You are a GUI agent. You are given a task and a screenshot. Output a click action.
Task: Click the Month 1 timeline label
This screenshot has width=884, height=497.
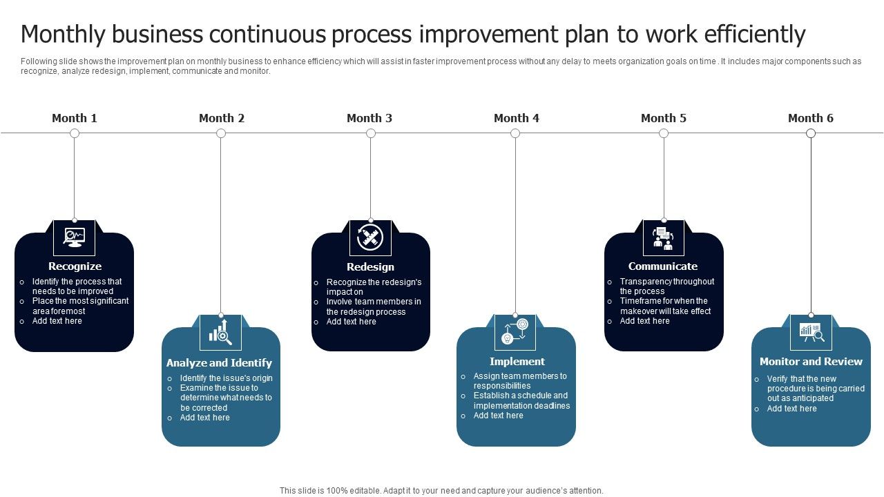pos(75,118)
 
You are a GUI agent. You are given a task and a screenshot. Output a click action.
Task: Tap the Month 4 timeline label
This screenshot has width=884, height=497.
pos(517,118)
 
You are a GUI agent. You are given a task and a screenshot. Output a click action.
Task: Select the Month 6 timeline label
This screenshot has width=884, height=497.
pos(811,118)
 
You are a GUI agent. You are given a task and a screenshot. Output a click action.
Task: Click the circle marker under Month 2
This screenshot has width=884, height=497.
pos(221,133)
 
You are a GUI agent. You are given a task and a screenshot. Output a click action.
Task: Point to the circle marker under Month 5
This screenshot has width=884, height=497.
pos(664,133)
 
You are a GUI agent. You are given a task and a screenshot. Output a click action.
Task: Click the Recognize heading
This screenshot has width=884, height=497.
pos(75,266)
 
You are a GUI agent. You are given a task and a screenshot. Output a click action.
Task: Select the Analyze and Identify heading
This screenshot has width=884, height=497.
pos(219,363)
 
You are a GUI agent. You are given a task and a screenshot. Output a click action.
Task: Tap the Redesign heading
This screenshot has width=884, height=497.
pos(370,267)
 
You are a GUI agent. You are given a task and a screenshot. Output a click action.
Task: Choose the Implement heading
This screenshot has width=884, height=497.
pos(517,362)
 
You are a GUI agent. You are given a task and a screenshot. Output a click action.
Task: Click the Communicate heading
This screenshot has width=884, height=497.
pos(663,266)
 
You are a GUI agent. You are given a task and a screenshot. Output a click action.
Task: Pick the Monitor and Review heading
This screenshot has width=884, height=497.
pos(811,362)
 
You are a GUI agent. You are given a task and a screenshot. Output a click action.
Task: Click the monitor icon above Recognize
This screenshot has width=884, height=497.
pos(75,237)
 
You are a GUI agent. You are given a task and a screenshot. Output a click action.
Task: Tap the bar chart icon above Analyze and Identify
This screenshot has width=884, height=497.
pos(221,332)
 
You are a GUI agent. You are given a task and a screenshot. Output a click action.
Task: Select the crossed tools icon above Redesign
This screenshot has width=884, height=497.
pos(370,237)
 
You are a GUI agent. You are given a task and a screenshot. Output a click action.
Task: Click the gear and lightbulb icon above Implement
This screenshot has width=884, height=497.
pos(515,332)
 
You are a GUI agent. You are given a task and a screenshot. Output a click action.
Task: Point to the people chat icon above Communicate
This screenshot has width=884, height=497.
pos(664,237)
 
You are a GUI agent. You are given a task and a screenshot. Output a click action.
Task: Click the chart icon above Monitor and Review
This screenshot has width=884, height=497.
pos(811,332)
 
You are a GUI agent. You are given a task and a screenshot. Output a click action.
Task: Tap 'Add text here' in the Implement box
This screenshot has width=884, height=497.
pos(499,416)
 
